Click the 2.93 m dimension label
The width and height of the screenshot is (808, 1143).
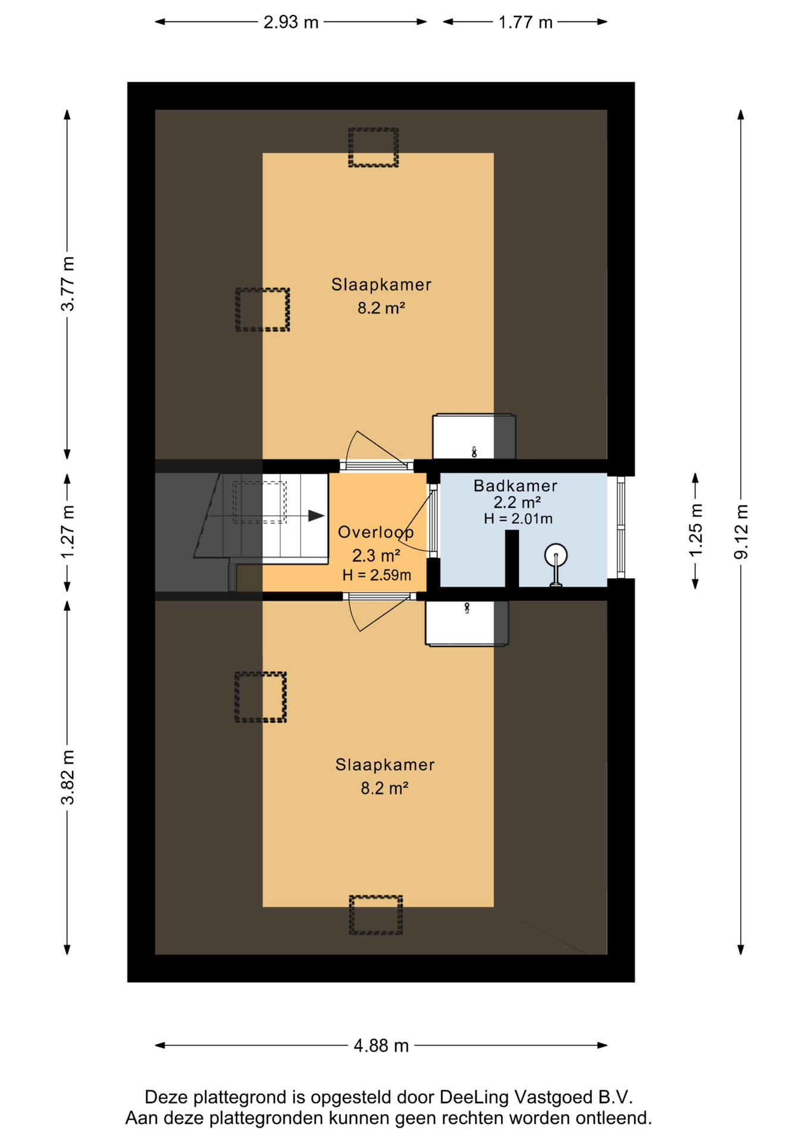coord(291,22)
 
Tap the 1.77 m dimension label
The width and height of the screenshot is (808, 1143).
coord(525,22)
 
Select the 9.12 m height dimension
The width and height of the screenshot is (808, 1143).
coord(741,532)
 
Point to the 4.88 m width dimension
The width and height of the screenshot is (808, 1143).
coord(381,1045)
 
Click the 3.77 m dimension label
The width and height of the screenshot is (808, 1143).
coord(68,283)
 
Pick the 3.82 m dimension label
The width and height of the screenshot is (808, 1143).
coord(68,777)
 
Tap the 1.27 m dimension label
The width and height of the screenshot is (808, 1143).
coord(68,532)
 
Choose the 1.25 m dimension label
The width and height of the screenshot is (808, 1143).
coord(696,530)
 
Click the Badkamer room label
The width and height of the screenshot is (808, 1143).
coord(515,486)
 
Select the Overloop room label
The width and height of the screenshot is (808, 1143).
coord(376,532)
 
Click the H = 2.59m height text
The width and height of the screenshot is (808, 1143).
coord(377,575)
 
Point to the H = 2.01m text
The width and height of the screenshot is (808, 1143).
coord(518,519)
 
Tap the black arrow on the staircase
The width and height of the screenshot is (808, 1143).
coord(316,516)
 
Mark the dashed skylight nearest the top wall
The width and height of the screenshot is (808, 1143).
coord(373,148)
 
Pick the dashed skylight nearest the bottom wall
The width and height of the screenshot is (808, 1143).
coord(375,915)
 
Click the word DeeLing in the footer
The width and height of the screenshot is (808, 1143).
coord(474,1097)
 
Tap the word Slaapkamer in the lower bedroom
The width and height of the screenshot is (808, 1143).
coord(385,765)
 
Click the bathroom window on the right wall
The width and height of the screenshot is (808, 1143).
coord(621,527)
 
